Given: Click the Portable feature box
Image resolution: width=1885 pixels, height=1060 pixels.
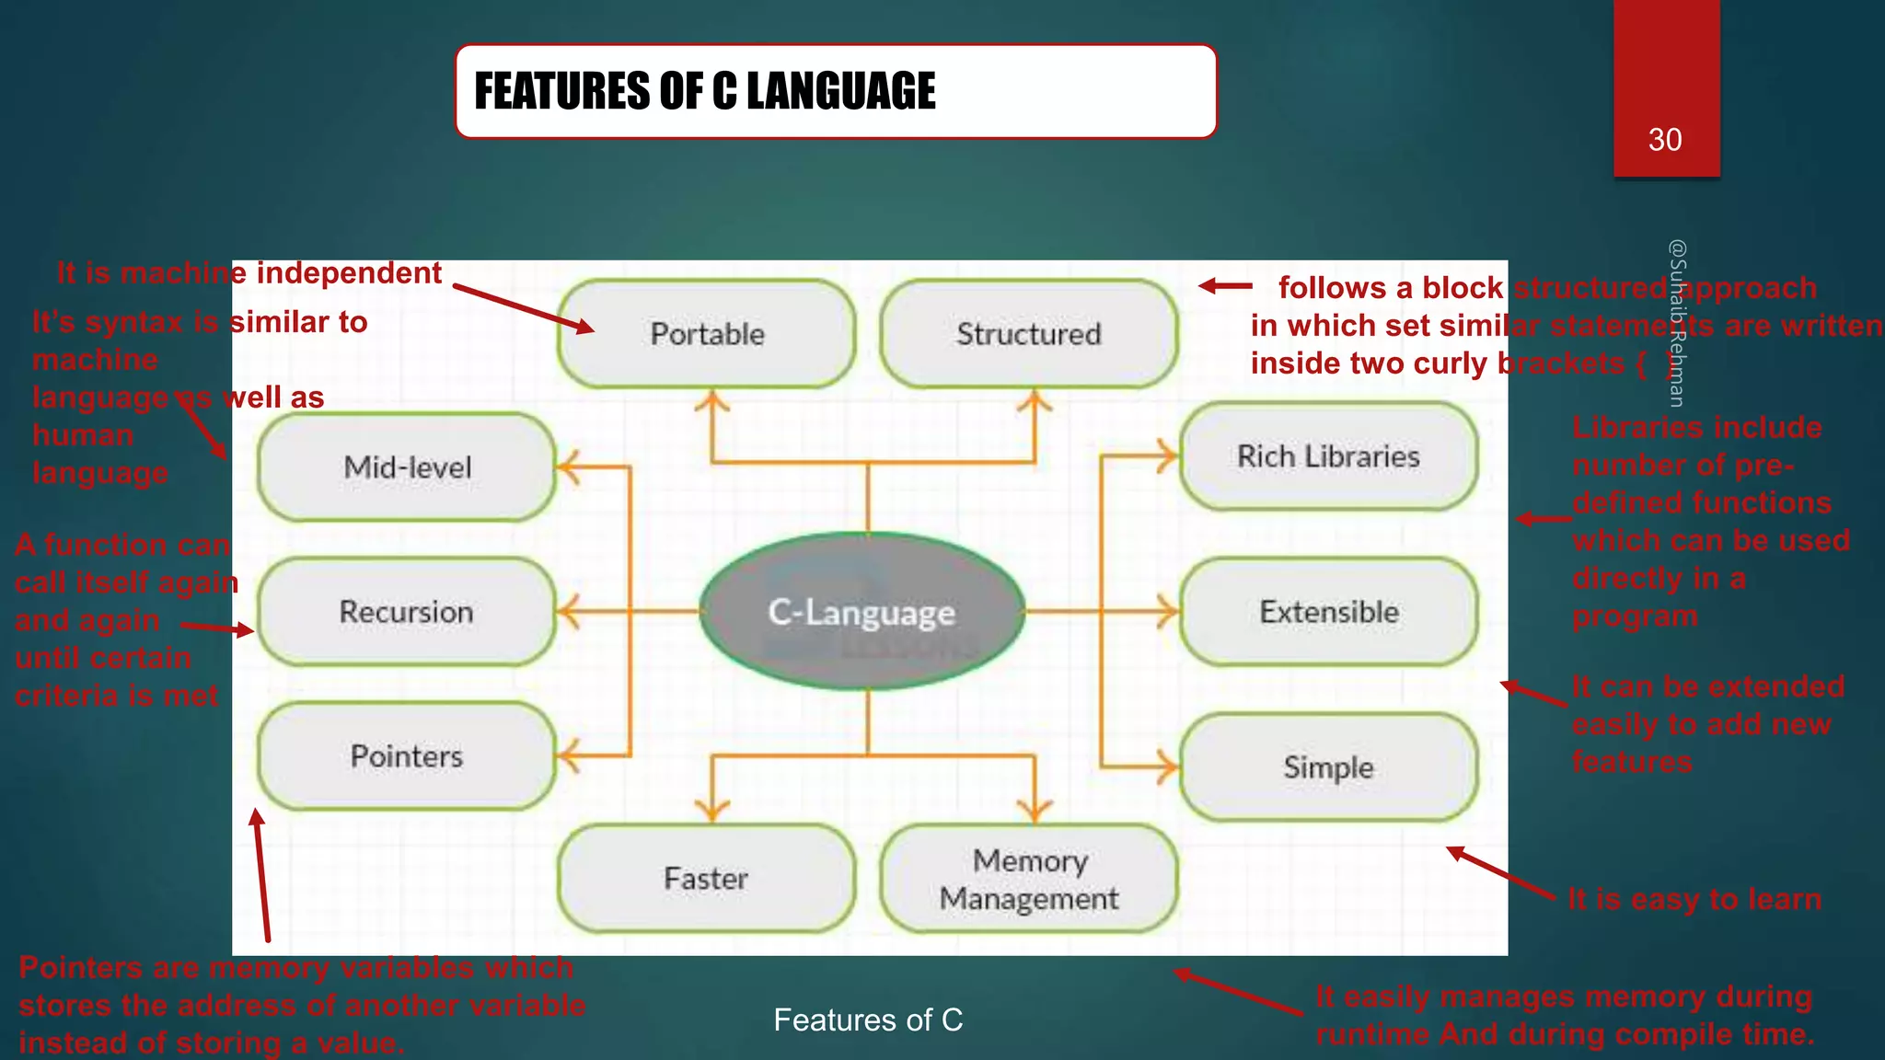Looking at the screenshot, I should click(x=706, y=334).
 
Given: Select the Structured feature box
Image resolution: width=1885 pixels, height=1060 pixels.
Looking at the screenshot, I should click(x=1028, y=334).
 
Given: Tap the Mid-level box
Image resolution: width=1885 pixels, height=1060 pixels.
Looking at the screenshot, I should click(x=407, y=467).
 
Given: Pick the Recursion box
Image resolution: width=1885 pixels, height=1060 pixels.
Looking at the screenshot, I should click(x=407, y=612).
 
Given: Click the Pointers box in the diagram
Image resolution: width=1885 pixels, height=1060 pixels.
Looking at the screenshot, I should click(x=407, y=756).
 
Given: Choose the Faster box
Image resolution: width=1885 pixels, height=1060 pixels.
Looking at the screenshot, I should click(x=706, y=879).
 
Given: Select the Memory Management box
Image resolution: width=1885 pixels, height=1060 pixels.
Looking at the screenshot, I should click(x=1028, y=879).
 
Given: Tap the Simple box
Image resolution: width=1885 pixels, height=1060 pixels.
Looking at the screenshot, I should click(x=1328, y=767).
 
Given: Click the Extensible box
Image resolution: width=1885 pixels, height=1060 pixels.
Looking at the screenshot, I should click(x=1328, y=612).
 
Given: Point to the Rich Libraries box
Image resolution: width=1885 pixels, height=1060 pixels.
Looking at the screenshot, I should click(x=1328, y=456).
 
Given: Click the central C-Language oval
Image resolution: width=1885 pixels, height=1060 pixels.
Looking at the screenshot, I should click(x=862, y=612).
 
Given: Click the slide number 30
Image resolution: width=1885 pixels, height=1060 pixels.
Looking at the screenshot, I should click(x=1665, y=140).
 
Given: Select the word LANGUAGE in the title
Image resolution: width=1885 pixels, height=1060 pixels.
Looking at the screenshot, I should click(x=840, y=91).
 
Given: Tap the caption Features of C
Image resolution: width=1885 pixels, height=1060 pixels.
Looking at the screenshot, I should click(x=868, y=1020).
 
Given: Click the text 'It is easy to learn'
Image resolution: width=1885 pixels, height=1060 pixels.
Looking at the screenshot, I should click(x=1694, y=899).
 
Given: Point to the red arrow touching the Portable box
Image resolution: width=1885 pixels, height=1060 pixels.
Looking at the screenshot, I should click(x=525, y=308).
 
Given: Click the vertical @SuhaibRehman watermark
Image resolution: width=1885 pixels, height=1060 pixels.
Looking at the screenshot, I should click(x=1677, y=322).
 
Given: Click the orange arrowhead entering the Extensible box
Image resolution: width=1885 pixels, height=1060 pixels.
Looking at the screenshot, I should click(x=1167, y=612).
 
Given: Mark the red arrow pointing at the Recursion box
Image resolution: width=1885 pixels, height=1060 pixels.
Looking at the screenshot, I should click(x=218, y=628).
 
